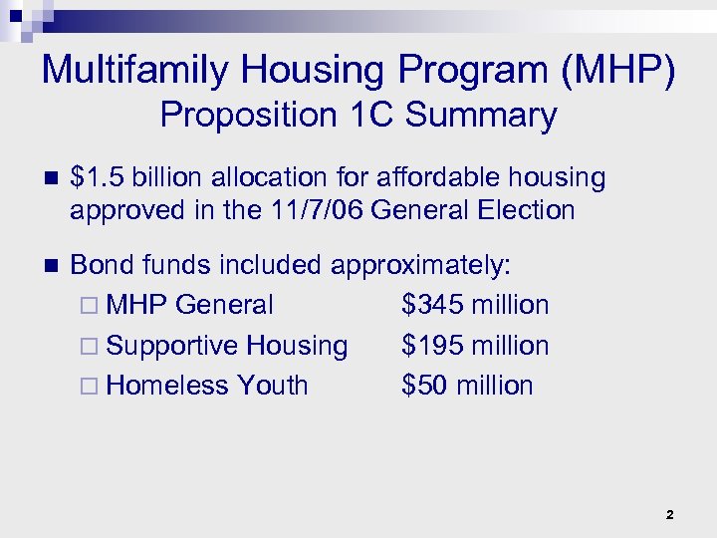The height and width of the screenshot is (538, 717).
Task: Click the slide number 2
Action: (x=669, y=515)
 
